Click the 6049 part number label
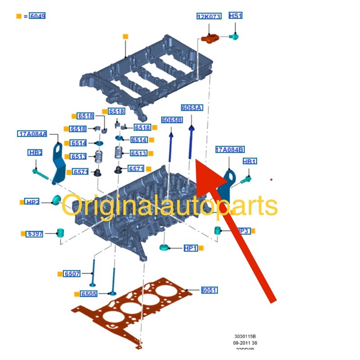click(x=37, y=16)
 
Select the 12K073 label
click(x=209, y=17)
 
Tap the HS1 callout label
click(x=235, y=16)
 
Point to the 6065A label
click(x=192, y=108)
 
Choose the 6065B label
click(x=172, y=120)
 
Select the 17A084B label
click(x=229, y=150)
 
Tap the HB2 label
click(x=35, y=153)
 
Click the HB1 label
click(x=249, y=162)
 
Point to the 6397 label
click(x=35, y=234)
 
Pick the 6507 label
click(x=72, y=274)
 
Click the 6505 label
click(x=89, y=294)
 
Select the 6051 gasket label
click(x=209, y=290)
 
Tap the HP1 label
click(x=190, y=248)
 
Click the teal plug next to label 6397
click(x=59, y=233)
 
